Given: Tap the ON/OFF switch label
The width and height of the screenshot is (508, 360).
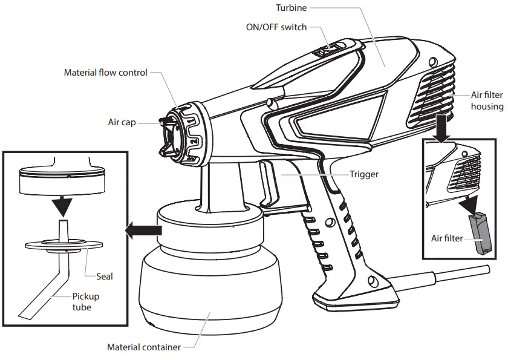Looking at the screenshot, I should point(276,27).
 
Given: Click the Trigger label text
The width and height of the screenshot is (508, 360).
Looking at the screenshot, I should point(364,174).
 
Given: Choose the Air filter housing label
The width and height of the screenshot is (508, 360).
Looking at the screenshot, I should point(487,101).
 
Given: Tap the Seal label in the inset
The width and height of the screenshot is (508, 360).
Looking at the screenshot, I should point(105,277).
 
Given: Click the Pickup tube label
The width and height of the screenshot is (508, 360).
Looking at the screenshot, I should point(86,302).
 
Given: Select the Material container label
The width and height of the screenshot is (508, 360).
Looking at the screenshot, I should point(143,347).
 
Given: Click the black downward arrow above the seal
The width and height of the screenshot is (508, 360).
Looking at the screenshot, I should point(60,206).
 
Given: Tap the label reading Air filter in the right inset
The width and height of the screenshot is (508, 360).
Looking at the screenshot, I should point(446,238).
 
